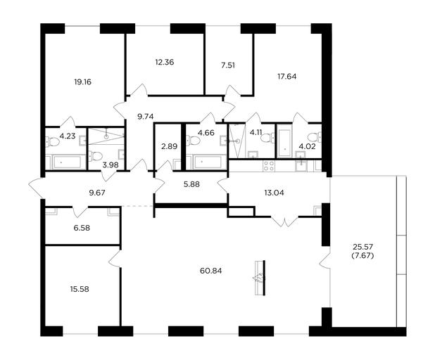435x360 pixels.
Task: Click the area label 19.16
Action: coord(82,82)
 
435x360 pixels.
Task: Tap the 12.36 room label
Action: coord(165,62)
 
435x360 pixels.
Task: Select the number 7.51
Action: coord(228,65)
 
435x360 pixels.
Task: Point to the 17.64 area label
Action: coord(287,76)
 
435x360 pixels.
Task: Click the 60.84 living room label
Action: coord(211,271)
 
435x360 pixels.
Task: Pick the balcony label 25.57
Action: coord(363,246)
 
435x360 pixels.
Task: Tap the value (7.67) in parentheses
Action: coord(362,255)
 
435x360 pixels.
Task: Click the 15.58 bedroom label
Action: coord(80,289)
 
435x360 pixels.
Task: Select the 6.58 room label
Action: coord(82,228)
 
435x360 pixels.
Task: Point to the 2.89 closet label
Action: coord(169,146)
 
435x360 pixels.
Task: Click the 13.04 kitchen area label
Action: coord(274,193)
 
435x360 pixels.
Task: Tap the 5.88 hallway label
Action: coord(191,184)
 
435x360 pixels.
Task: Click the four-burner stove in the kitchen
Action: coord(269,166)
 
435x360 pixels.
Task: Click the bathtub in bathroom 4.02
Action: coord(284,141)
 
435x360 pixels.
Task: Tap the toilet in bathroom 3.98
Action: coord(95,156)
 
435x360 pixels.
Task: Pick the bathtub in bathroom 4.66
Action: coord(208,162)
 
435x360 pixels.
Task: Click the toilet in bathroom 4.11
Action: coord(267,137)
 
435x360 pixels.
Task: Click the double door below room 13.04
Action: coord(284,221)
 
